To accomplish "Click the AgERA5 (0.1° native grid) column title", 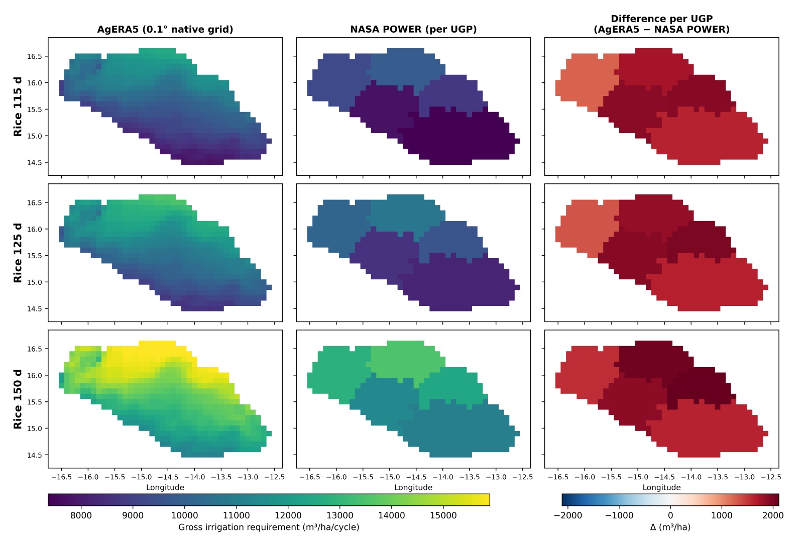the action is (x=165, y=30).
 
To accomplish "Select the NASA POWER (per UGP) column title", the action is (x=413, y=30).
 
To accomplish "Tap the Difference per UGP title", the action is (x=661, y=19).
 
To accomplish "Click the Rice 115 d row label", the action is (x=18, y=106).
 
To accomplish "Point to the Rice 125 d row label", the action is (x=18, y=253).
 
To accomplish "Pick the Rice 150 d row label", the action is (x=18, y=399).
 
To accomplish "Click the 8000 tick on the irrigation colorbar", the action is (x=81, y=516).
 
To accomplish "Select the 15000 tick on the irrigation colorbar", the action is (x=443, y=516).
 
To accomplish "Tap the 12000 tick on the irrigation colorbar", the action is (x=288, y=516).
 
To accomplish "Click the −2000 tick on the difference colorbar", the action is (x=568, y=516).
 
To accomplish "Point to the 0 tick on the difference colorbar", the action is (x=670, y=516).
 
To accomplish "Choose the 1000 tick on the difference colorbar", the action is (x=722, y=516).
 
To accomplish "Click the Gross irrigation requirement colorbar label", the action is (x=269, y=527).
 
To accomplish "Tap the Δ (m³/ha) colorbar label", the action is (x=670, y=527).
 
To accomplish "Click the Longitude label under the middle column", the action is (x=413, y=487).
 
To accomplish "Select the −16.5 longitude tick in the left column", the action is (x=62, y=477).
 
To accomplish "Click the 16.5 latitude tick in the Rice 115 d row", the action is (x=35, y=56).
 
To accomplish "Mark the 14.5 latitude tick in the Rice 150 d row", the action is (x=35, y=455).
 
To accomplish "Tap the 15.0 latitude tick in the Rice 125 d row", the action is (x=35, y=282).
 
